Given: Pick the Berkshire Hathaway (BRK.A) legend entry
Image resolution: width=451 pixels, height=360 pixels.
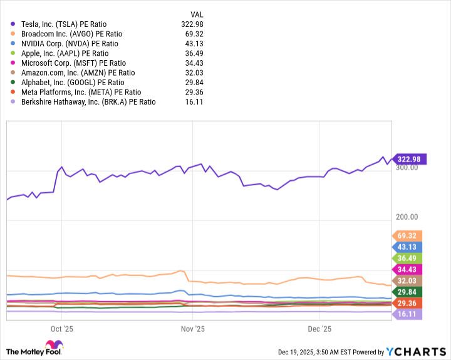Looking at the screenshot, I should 88,101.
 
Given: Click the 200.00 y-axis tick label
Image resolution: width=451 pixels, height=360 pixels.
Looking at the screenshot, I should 408,217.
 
